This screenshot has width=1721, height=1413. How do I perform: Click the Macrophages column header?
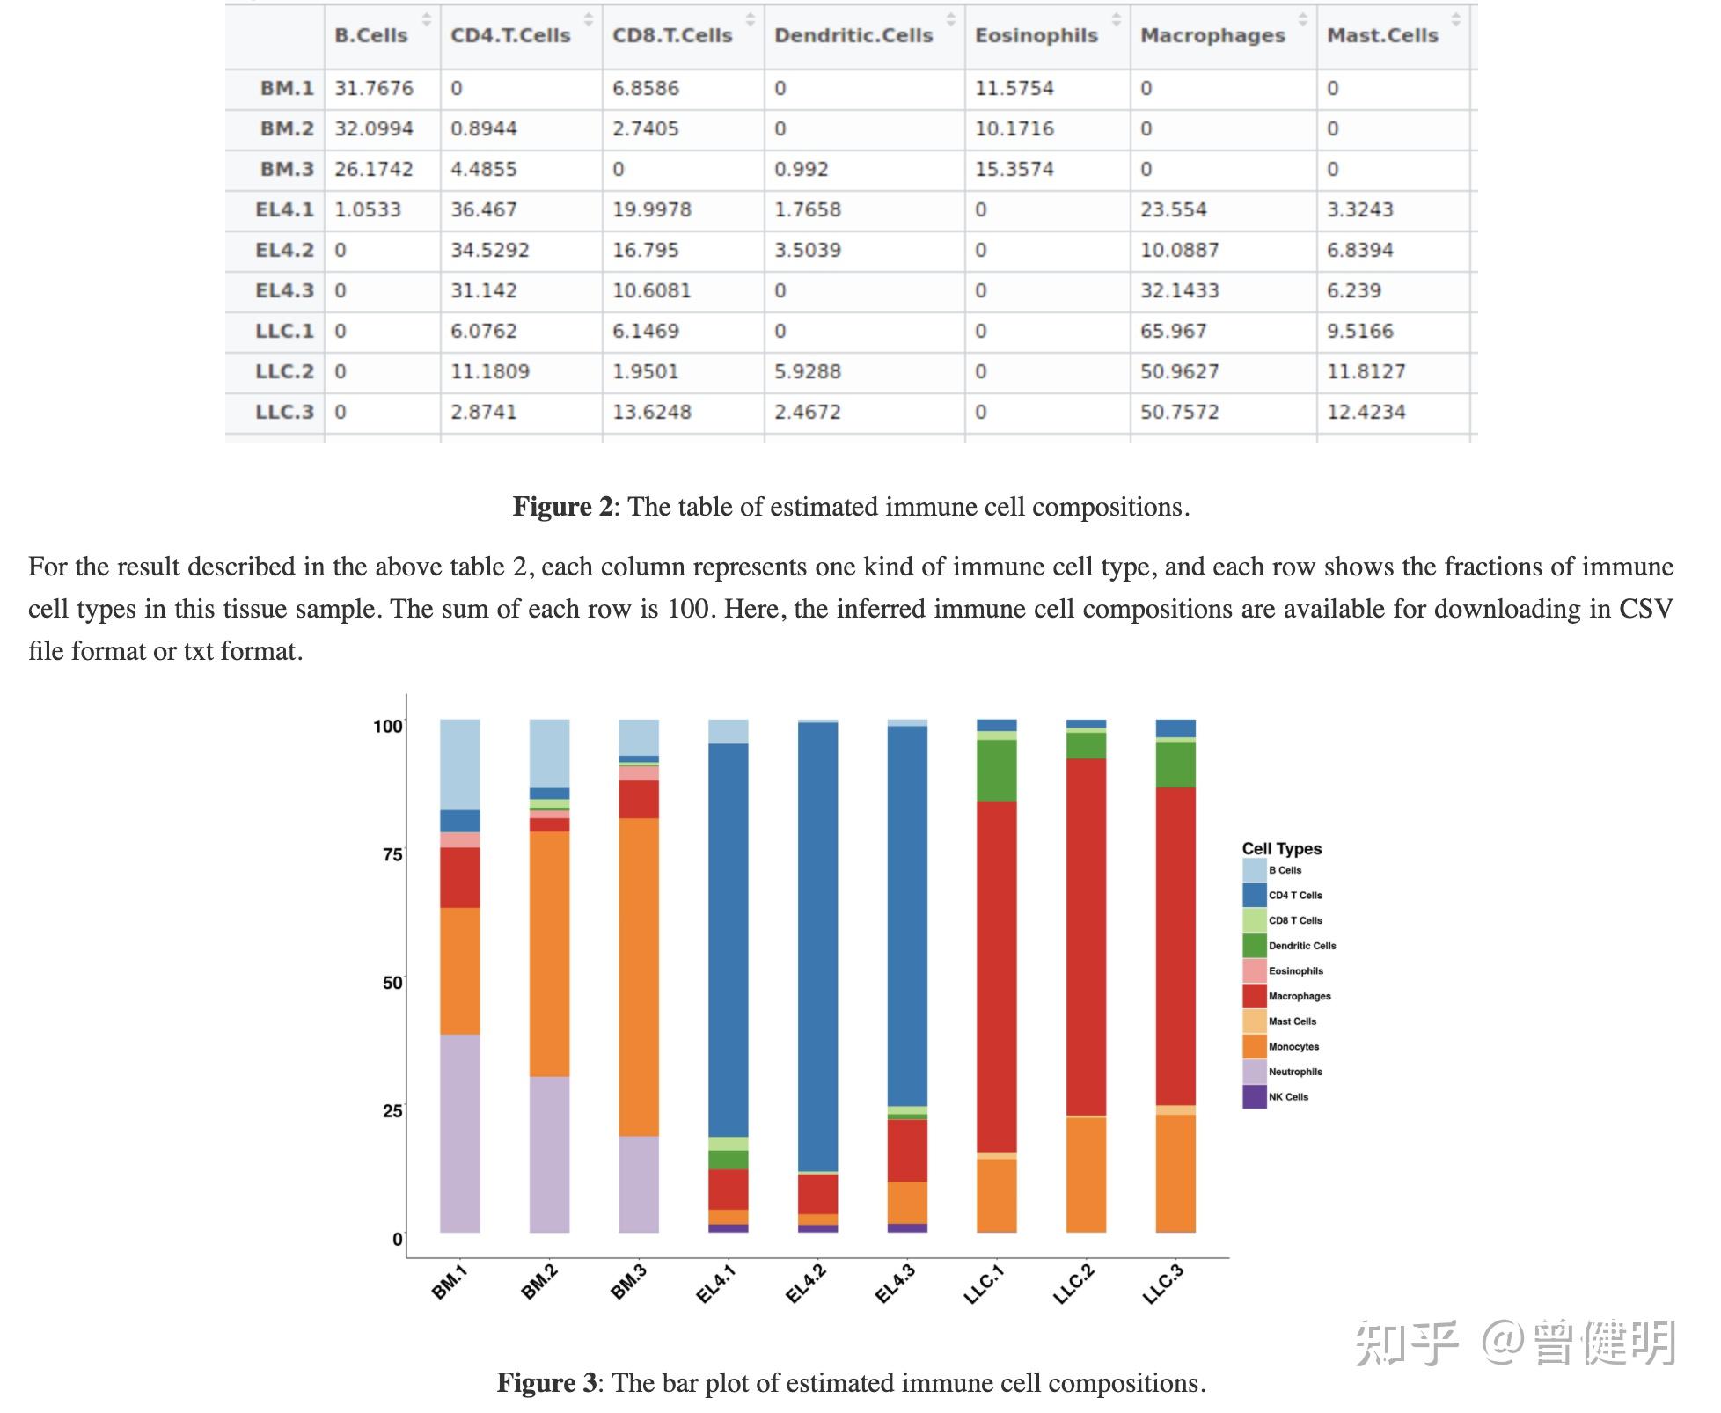[1212, 36]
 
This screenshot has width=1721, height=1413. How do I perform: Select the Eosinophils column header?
[1036, 36]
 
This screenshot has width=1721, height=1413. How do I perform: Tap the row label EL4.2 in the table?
[284, 250]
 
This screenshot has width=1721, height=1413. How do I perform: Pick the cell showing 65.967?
[1173, 331]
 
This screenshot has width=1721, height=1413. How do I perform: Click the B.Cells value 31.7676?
[373, 88]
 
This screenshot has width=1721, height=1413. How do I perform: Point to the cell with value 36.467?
[483, 209]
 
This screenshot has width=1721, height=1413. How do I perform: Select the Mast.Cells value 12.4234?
[1366, 412]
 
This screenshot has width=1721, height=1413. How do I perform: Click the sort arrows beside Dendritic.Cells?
[950, 18]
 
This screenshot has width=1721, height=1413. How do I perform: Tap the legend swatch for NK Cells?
[1254, 1096]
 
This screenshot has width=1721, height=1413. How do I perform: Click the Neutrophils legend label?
[1295, 1072]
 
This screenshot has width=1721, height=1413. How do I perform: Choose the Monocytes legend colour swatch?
[1254, 1046]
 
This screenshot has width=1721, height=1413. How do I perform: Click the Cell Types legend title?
[1281, 848]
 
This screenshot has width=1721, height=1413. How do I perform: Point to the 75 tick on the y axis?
[392, 854]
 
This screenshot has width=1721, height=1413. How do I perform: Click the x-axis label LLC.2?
[1074, 1285]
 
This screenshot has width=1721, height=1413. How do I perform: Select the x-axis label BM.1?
[450, 1283]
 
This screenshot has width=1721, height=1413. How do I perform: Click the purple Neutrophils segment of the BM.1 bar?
[459, 1132]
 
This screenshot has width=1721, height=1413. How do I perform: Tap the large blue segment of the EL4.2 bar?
[817, 946]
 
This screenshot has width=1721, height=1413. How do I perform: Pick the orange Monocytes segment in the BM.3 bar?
[639, 977]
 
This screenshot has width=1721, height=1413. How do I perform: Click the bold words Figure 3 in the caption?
[546, 1383]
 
